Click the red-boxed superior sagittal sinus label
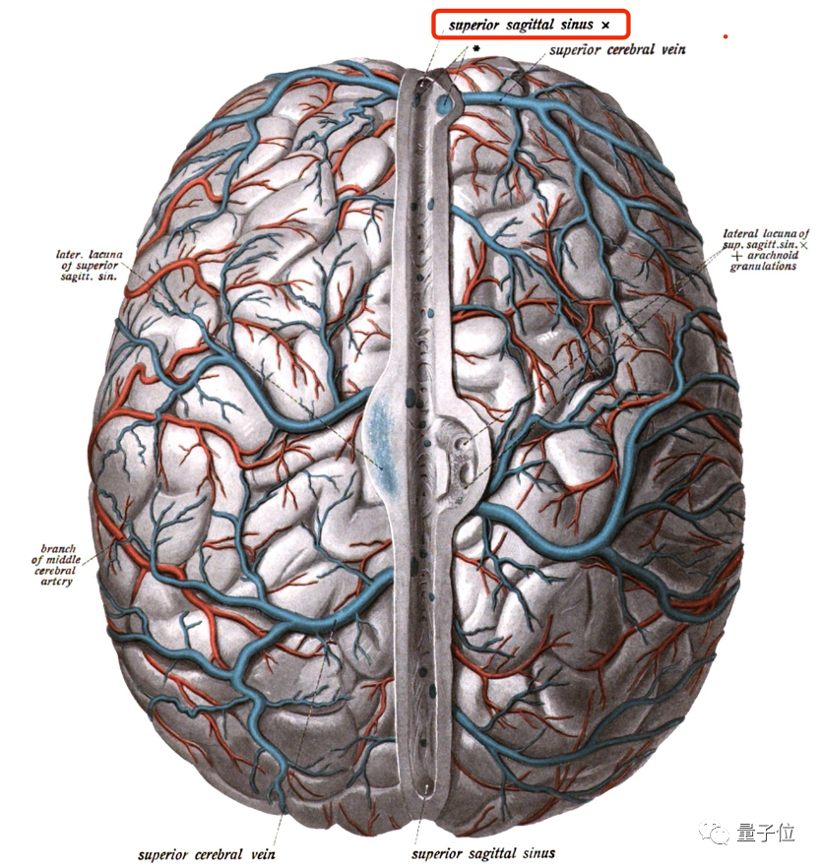[529, 24]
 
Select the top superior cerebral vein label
[617, 49]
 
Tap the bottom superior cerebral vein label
[207, 853]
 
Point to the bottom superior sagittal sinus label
[482, 852]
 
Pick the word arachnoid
[772, 254]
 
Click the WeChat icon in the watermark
[716, 834]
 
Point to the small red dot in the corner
[726, 37]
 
